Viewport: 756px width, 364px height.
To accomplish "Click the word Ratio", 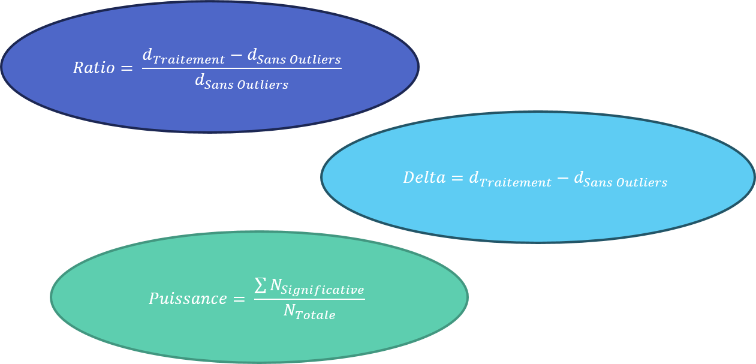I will click(94, 68).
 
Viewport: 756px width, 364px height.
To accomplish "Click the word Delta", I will click(424, 178).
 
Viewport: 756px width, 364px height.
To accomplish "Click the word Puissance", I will click(188, 299).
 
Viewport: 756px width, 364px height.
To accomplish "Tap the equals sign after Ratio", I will click(126, 68).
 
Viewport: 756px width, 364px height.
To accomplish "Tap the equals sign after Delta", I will click(457, 178).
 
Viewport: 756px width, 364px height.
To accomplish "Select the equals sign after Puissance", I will click(239, 299).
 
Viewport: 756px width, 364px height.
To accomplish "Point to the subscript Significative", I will click(323, 290).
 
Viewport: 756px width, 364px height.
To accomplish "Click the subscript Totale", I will click(317, 315).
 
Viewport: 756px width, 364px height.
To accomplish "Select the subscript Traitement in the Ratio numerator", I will click(189, 60).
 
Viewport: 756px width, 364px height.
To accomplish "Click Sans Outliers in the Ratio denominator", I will click(246, 85).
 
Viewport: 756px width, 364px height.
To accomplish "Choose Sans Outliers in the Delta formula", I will click(625, 183).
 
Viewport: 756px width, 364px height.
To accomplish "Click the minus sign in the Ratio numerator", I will click(236, 56).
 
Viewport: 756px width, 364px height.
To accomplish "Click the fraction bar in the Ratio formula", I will click(242, 68).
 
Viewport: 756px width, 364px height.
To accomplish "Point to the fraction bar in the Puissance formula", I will click(309, 299).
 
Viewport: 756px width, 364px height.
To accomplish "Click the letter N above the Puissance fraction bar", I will click(276, 286).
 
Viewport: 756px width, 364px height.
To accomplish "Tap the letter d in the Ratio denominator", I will click(200, 80).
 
